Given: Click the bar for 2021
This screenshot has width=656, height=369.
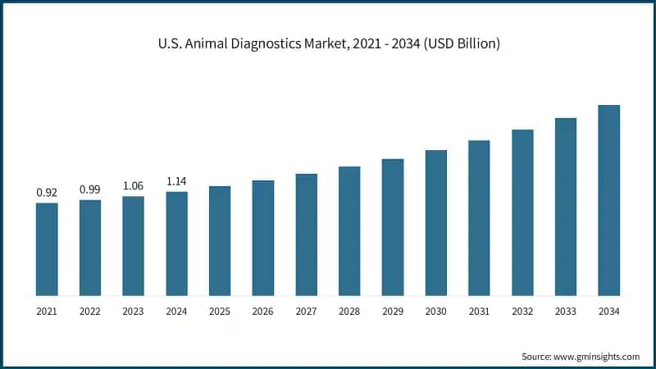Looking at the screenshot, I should (x=47, y=249).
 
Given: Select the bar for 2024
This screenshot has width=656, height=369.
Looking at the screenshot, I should (x=176, y=244).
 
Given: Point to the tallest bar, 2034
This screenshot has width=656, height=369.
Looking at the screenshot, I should (x=608, y=200).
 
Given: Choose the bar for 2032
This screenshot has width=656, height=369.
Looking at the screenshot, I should (x=522, y=212).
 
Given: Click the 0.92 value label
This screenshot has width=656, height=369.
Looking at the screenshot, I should (x=47, y=193).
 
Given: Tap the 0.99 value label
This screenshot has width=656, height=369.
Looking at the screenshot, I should (x=90, y=189).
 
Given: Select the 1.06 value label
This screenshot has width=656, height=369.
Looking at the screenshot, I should (x=133, y=185).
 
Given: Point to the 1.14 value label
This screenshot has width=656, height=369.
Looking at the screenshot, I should (x=176, y=181).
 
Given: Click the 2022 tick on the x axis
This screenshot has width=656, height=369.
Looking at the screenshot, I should (x=90, y=312).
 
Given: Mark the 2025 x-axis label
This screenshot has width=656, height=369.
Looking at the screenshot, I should (x=220, y=312).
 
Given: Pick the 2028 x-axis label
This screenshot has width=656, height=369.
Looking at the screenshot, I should (x=349, y=312).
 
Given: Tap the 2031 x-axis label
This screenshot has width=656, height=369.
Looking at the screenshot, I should (x=479, y=312).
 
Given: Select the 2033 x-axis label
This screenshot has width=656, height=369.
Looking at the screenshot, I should (x=566, y=312).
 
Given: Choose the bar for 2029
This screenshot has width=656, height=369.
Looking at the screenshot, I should (x=393, y=227).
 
